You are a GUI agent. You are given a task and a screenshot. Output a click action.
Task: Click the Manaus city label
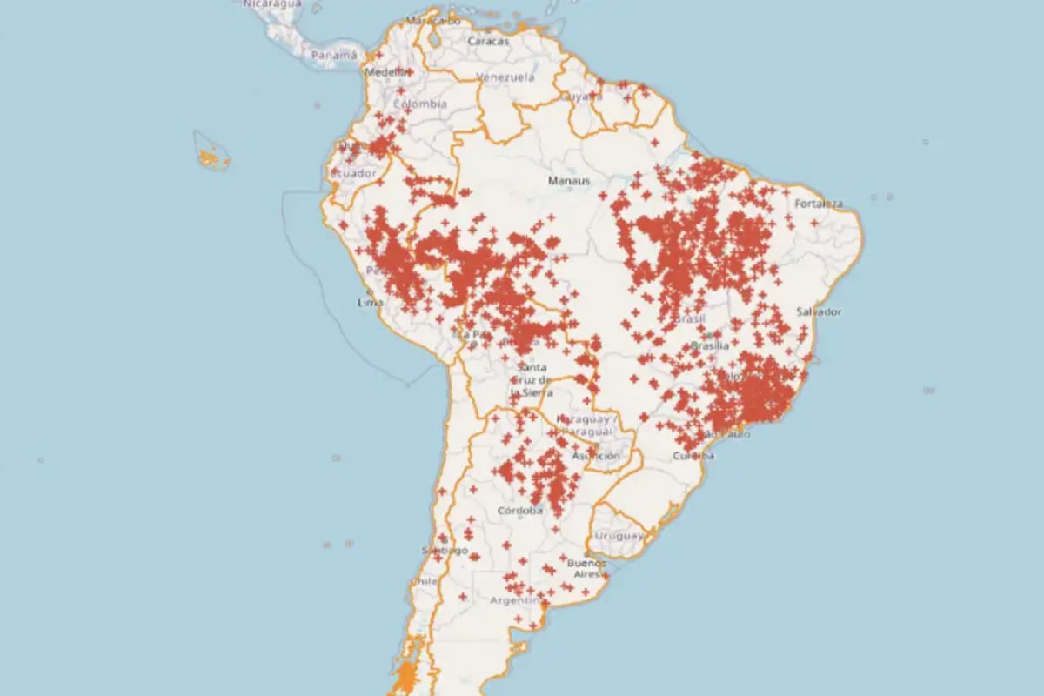[569, 181]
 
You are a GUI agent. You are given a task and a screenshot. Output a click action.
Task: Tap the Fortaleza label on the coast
[819, 204]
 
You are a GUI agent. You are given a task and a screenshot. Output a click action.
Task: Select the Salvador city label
[819, 311]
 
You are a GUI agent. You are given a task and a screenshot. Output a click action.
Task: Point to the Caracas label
[488, 41]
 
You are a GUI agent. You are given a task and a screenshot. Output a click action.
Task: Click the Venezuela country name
[505, 77]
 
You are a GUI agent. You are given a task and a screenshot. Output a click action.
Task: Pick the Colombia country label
[420, 104]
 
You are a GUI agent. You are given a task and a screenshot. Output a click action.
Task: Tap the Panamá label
[334, 55]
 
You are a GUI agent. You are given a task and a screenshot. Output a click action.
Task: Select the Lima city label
[371, 303]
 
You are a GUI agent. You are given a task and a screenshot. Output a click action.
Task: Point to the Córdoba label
[519, 511]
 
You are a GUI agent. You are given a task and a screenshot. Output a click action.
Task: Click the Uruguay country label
[617, 536]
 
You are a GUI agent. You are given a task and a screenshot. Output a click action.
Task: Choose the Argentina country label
[518, 600]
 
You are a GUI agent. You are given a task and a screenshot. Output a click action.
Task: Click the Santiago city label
[445, 551]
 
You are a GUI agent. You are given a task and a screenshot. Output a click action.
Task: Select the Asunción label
[596, 456]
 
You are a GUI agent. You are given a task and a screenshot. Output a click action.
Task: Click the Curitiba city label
[693, 456]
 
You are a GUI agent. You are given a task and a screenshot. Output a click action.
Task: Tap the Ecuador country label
[352, 173]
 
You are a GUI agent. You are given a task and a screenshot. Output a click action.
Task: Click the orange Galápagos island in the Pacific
[210, 157]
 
